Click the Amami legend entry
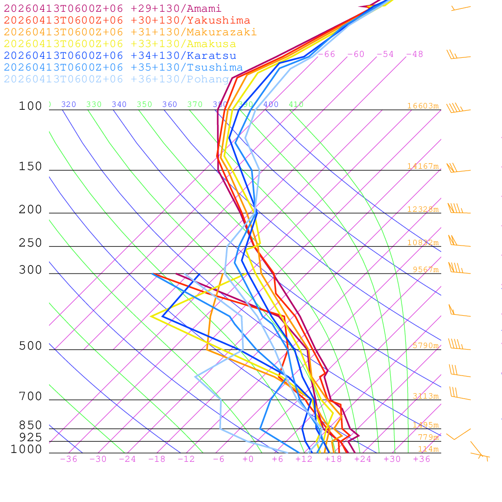point(112,9)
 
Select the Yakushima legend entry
point(126,21)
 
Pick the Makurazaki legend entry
point(130,32)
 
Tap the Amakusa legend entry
point(120,44)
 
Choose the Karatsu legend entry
point(120,56)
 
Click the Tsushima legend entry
point(123,68)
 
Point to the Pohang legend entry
point(116,79)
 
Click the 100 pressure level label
point(30,106)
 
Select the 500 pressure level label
point(30,346)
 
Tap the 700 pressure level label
point(30,397)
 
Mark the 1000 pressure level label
point(26,450)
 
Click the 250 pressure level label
point(30,243)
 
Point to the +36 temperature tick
point(422,459)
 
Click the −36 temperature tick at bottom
point(69,459)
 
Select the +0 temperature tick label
point(248,459)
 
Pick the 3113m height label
point(426,396)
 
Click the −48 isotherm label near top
point(414,54)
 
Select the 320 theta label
point(69,104)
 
